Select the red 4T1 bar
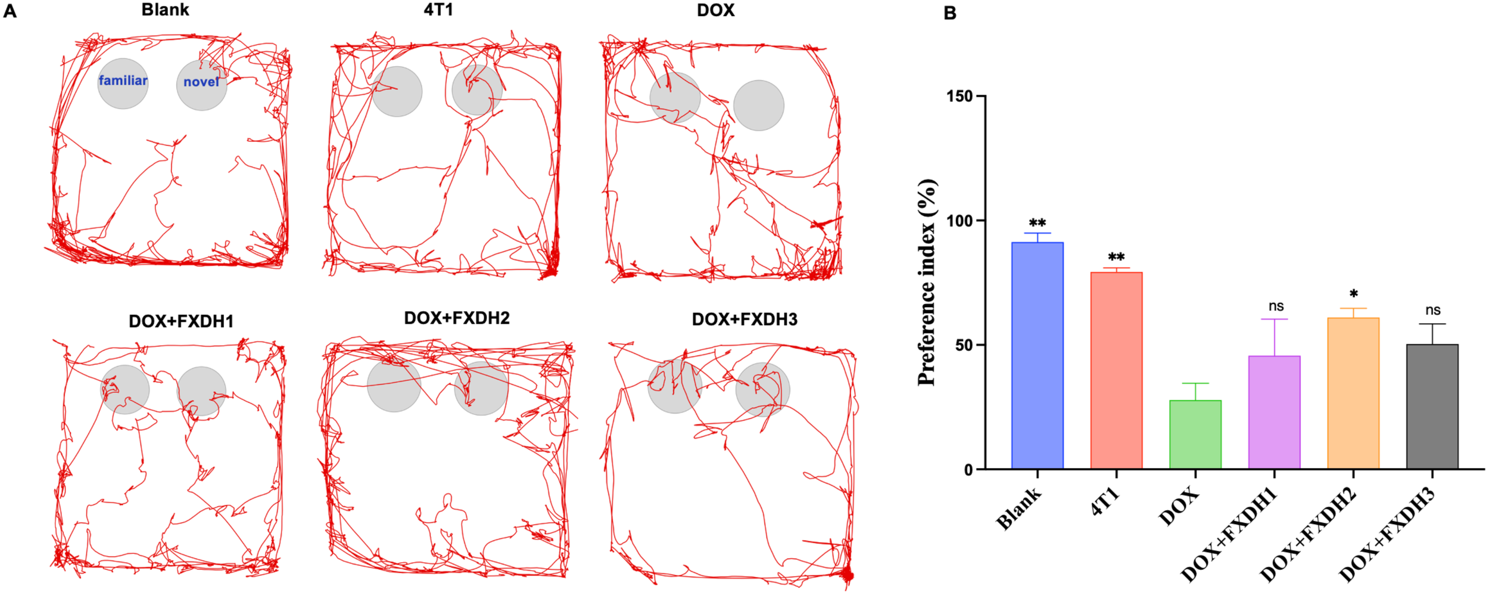(1116, 370)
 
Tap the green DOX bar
(1195, 435)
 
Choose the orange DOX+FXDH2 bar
(1353, 393)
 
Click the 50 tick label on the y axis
(964, 345)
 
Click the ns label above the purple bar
(1276, 306)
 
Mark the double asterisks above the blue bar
(1038, 223)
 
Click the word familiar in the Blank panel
(123, 80)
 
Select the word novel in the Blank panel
(201, 82)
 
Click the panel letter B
(951, 13)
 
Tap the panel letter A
(10, 11)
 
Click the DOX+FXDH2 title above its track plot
(457, 318)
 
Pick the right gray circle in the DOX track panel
(758, 106)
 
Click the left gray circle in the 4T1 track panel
(397, 91)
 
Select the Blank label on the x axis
(1019, 508)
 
